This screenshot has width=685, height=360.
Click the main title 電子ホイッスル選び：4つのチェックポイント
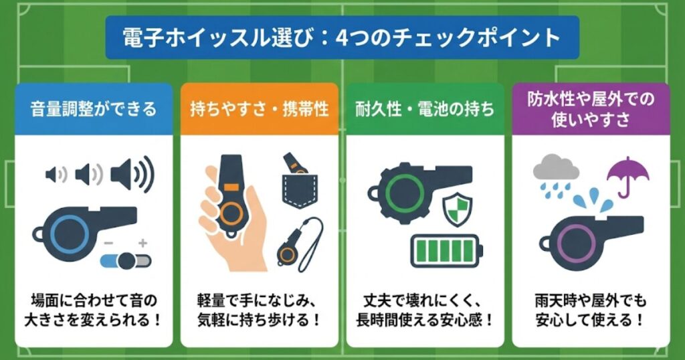[x=342, y=37]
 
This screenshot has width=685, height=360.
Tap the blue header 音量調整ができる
[x=93, y=108]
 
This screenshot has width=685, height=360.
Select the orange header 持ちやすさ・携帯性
[x=259, y=108]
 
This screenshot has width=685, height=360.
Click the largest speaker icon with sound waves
[x=131, y=175]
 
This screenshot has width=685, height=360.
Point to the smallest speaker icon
[x=56, y=175]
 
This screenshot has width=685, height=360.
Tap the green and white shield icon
[x=458, y=210]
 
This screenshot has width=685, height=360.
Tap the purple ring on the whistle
[x=573, y=240]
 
